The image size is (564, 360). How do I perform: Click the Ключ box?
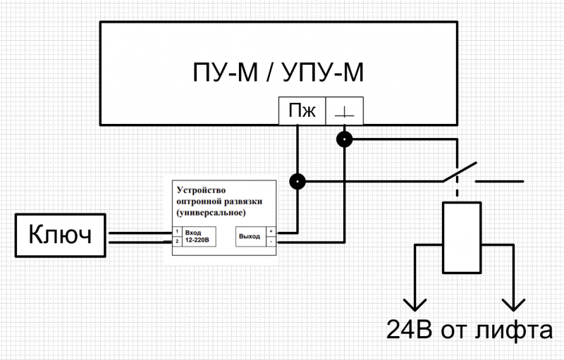coord(60,236)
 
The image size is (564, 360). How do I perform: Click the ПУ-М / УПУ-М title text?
coord(278,73)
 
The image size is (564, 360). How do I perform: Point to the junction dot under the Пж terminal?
coord(298,182)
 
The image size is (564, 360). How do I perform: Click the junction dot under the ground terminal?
coord(344,139)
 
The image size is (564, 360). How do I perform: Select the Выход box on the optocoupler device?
coord(250,236)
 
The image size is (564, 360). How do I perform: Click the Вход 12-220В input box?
coord(201,236)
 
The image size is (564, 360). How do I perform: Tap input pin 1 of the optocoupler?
coord(177,231)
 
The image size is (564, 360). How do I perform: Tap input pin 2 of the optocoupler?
coord(177,241)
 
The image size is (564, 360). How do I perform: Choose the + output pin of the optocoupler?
coord(271,231)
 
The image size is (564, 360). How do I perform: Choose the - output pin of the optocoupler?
coord(271,241)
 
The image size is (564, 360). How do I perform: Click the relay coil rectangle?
coord(461,237)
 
